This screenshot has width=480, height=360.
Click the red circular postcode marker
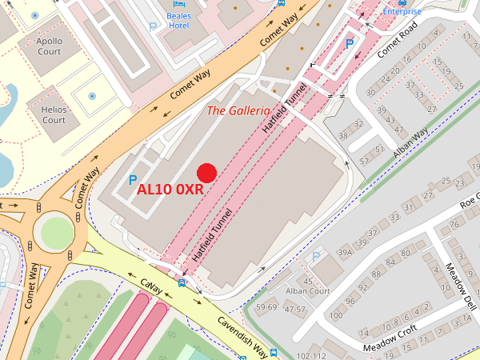207,172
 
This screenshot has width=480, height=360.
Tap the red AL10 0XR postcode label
169,190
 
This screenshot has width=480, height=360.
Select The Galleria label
239,110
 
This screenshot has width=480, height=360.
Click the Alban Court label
308,291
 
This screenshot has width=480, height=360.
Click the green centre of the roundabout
58,233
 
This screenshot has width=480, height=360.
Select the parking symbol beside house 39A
316,256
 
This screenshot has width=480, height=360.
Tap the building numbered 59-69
266,307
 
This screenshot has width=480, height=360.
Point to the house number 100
335,315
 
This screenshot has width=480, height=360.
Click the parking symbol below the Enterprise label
349,42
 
